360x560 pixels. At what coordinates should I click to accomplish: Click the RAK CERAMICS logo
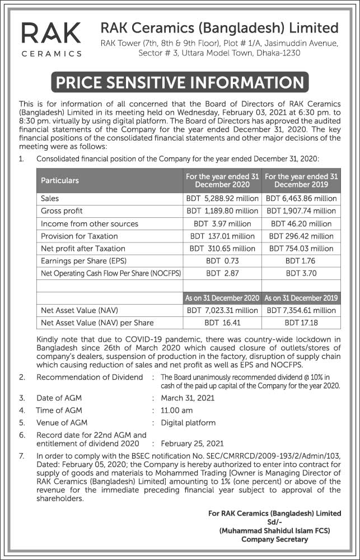click(x=51, y=39)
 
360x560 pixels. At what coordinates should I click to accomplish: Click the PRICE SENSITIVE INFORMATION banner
click(x=180, y=83)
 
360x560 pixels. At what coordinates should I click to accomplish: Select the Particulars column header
click(x=60, y=180)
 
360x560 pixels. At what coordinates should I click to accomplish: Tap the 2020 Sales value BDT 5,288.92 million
click(x=222, y=198)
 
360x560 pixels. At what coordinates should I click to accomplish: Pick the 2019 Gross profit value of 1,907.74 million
click(x=301, y=211)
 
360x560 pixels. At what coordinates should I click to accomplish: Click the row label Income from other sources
click(x=90, y=223)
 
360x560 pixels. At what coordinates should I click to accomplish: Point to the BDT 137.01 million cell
click(x=222, y=236)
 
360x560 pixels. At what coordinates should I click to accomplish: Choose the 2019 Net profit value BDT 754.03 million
click(x=301, y=248)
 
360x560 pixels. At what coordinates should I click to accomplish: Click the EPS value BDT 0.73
click(x=222, y=261)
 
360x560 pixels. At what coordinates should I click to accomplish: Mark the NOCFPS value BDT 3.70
click(x=301, y=273)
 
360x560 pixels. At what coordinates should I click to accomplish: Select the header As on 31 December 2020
click(x=222, y=298)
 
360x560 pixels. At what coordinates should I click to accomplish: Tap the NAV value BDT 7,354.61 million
click(x=301, y=310)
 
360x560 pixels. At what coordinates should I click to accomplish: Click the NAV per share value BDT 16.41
click(x=222, y=323)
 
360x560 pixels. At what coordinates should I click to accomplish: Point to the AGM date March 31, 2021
click(x=188, y=398)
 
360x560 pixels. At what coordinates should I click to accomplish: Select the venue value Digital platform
click(x=188, y=423)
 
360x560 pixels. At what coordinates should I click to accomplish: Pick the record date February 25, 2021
click(x=192, y=443)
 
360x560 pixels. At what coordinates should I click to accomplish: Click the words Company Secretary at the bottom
click(x=274, y=539)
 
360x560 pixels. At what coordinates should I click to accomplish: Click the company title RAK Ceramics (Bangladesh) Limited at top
click(x=219, y=28)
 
